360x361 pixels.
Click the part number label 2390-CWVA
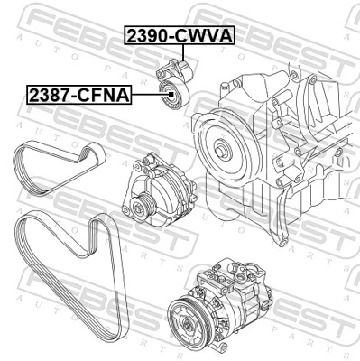[179, 35]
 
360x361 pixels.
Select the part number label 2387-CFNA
[79, 93]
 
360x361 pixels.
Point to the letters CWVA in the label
[205, 35]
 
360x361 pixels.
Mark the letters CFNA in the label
[106, 93]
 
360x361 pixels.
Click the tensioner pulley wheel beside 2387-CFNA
[170, 96]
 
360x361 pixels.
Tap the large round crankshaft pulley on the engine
[219, 139]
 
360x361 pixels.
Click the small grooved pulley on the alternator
[140, 209]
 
